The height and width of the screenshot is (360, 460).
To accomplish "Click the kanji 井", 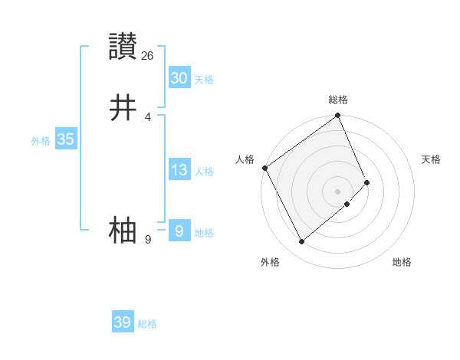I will point(123,108).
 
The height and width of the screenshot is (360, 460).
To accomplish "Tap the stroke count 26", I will point(148,55).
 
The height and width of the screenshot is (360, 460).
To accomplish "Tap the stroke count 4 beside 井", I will point(148,116).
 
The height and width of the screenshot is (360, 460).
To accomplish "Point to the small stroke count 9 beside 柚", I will point(148,239).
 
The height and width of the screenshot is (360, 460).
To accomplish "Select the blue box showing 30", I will point(179,78).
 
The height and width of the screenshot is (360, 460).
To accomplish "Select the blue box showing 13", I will point(179,170).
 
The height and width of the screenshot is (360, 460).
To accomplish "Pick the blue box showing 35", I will point(65,139).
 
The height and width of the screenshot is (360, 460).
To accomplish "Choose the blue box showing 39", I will point(122,322).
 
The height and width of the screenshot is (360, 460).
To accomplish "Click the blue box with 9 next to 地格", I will point(179,231).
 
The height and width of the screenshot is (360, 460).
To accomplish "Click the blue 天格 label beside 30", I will point(204,80).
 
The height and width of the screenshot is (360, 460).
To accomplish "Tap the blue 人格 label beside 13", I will point(204,172).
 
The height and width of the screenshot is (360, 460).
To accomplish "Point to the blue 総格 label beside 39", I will point(147,324).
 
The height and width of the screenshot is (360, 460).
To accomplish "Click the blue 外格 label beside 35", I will point(41,141).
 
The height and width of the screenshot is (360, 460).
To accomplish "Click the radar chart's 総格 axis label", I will point(338,100).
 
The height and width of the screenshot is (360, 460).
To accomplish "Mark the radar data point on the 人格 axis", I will point(264,168).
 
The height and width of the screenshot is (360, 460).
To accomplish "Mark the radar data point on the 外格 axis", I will point(301,242).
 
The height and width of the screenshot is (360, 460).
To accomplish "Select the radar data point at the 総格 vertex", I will point(338,116).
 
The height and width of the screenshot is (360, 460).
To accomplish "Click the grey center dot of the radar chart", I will point(337,191).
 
